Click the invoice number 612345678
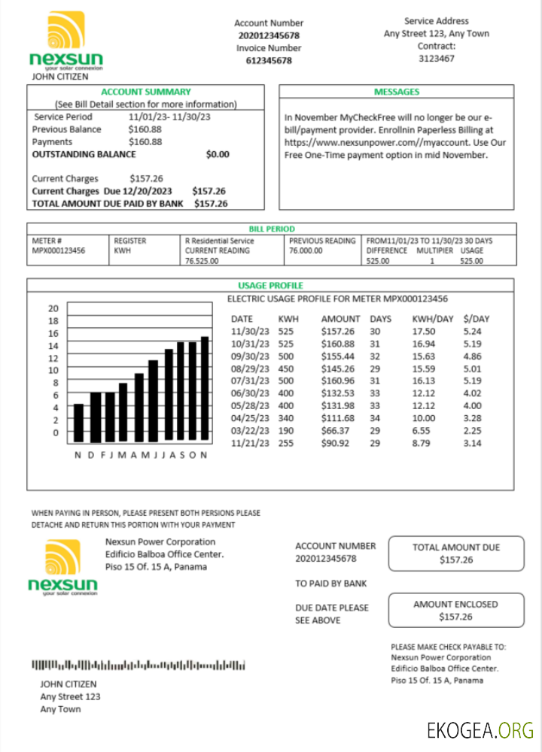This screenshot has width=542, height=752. tap(269, 61)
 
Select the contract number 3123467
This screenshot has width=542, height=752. tap(436, 58)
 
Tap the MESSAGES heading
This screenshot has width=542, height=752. tap(397, 92)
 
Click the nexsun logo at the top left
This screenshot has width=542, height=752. tap(65, 41)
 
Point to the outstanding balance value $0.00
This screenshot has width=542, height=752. tap(217, 154)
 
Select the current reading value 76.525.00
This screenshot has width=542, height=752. tap(202, 261)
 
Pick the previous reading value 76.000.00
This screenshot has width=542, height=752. tap(306, 251)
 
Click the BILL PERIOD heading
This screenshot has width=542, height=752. tap(271, 229)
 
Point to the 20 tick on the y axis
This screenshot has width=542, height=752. tap(53, 308)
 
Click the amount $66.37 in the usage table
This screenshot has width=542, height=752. tap(335, 430)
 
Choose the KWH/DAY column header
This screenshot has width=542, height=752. tap(433, 319)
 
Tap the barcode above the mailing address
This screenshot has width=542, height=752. tap(139, 665)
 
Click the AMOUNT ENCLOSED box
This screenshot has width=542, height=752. tap(455, 610)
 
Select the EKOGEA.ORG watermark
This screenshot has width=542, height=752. tap(480, 729)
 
